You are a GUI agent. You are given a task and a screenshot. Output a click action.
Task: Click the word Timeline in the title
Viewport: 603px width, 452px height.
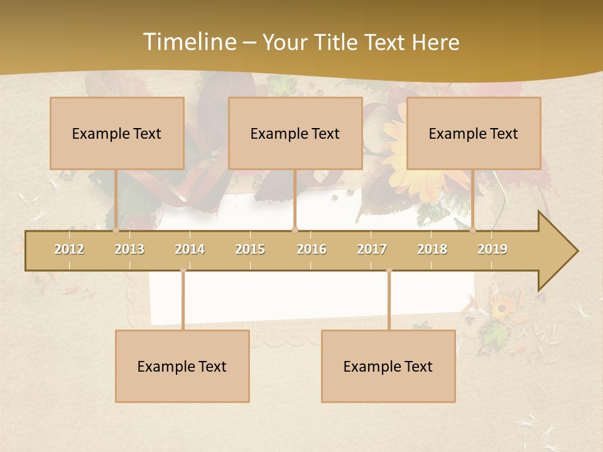pos(188,42)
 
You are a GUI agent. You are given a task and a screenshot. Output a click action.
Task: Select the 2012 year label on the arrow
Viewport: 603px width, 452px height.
pos(69,249)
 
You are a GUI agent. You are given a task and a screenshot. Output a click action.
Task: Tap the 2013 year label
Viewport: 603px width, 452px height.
pos(129,249)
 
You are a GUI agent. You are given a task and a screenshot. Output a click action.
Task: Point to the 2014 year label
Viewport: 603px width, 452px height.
pos(190,249)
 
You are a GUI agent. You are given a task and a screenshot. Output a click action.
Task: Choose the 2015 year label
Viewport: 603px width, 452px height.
pos(250,249)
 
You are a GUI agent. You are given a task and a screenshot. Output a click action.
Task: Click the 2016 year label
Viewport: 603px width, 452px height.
pos(312,249)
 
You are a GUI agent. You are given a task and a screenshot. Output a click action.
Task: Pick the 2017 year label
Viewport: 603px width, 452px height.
pos(372,249)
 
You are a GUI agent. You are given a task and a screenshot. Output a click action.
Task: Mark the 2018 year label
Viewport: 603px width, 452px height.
pos(432,249)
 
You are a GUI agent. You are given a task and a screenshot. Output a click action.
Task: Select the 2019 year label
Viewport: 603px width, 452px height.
pos(492,249)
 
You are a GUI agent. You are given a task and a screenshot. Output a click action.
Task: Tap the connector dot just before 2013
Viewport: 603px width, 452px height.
pos(116,230)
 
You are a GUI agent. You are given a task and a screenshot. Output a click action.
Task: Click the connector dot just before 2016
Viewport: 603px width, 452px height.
pos(295,230)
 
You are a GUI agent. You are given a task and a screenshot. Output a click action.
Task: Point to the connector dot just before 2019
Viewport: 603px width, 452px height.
pos(473,230)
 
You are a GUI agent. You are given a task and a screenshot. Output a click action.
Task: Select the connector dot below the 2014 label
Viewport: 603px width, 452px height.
pos(183,270)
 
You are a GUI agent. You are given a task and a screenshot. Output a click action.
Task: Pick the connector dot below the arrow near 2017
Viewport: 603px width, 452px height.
pos(389,270)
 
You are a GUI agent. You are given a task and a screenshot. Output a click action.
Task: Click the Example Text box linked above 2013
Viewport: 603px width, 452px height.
pos(117,133)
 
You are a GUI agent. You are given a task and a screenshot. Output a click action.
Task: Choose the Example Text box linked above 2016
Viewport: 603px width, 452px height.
pos(295,133)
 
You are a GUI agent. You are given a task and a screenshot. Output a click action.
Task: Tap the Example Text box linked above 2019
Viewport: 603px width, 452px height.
pos(474,133)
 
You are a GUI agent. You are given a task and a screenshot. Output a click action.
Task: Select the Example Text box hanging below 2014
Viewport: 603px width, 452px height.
pos(182,366)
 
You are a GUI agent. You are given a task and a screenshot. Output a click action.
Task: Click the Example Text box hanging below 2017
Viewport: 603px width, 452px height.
pos(388,366)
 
